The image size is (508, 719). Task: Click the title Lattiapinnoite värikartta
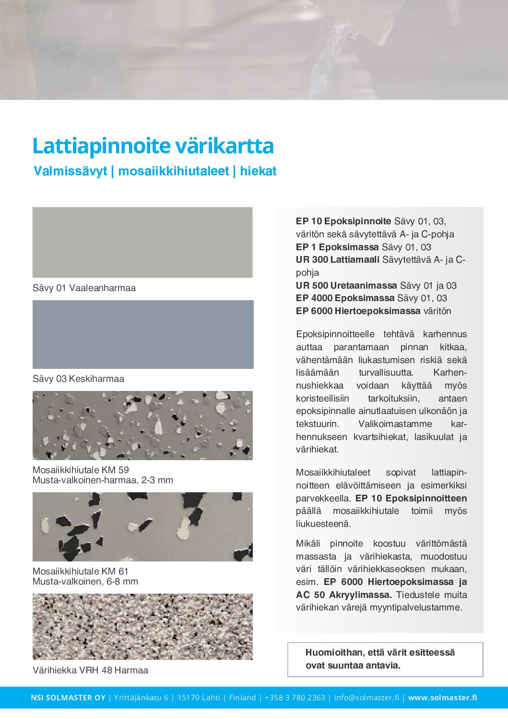pos(153,146)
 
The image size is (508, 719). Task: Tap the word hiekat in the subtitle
pos(258,171)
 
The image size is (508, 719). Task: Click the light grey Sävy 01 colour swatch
pos(142,242)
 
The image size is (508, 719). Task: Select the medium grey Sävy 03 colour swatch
pos(143,334)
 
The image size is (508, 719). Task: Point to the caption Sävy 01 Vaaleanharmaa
pos(84,288)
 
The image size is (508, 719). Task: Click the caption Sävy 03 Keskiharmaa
pos(78,379)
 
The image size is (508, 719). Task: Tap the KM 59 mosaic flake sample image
pos(142,426)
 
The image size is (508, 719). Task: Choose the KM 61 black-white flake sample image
pos(142,527)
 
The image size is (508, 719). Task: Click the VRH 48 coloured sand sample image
pos(142,626)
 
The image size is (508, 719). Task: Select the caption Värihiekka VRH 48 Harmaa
pos(90,670)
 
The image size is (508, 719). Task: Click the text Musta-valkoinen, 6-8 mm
pos(85,582)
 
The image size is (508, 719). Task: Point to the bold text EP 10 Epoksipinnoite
pos(343,221)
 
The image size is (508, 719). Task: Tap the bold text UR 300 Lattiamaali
pos(338,260)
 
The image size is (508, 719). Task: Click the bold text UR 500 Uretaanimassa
pos(346,285)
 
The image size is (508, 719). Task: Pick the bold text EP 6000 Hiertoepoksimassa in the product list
pos(358,311)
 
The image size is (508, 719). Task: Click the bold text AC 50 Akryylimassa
pos(344,595)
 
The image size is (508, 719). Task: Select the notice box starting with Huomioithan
pos(385,659)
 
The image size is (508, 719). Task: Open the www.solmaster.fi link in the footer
pos(442,698)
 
